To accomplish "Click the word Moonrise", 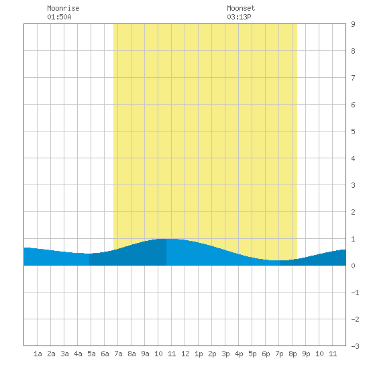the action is pos(63,8).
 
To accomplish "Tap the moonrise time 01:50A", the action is pos(59,17).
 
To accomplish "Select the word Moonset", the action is pos(241,8).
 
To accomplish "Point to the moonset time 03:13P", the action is pos(239,17).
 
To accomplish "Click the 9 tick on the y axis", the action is pos(353,24).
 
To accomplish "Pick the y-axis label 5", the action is pos(353,131).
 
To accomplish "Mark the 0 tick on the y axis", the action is pos(353,266).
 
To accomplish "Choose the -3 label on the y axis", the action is pos(355,346).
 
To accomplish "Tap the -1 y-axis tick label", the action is pos(355,293).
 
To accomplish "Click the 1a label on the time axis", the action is pos(38,354).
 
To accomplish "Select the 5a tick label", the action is pos(91,354).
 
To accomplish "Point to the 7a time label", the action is pos(118,354).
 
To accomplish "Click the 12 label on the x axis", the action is pos(185,354).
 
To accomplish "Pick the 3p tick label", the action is pos(225,354).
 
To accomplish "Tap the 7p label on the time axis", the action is pos(279,354).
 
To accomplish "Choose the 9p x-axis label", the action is pos(306,354).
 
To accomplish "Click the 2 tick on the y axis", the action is pos(353,212).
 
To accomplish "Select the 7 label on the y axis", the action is pos(353,78).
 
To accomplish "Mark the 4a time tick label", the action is pos(78,354).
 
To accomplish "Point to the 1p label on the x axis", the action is pos(199,354).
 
